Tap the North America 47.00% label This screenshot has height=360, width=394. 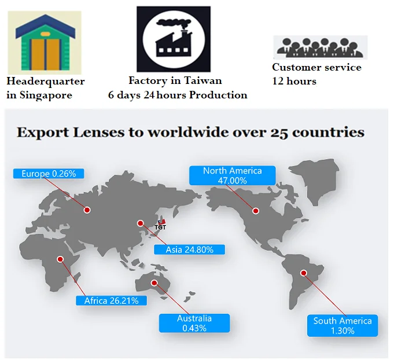click(x=232, y=175)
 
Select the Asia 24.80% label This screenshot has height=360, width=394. click(x=189, y=249)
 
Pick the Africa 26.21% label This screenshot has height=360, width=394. click(x=111, y=300)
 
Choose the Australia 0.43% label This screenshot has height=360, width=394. click(x=194, y=323)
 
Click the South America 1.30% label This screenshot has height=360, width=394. click(x=343, y=325)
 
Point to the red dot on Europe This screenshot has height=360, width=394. click(x=88, y=210)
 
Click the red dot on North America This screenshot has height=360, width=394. click(x=255, y=211)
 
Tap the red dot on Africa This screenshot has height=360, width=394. click(x=60, y=259)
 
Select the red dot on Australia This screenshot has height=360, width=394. click(x=154, y=283)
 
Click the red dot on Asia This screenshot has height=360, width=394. click(x=139, y=223)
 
